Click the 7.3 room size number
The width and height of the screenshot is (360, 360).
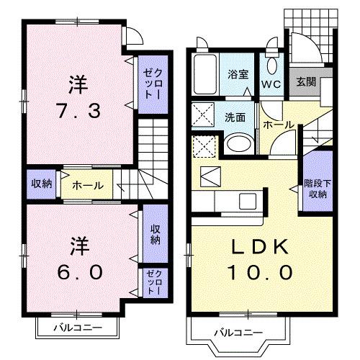click(78, 112)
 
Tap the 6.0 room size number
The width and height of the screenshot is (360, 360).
click(78, 273)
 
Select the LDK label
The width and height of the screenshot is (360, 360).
click(260, 247)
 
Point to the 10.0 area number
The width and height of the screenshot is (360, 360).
click(260, 273)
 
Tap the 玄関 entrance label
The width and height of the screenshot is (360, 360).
click(305, 83)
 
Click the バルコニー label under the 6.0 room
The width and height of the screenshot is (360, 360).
click(77, 328)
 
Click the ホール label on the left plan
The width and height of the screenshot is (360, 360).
click(87, 184)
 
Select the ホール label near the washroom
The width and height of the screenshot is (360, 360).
click(278, 124)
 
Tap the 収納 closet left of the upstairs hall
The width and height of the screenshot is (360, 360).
click(41, 183)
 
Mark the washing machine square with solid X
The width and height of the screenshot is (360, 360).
click(202, 114)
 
